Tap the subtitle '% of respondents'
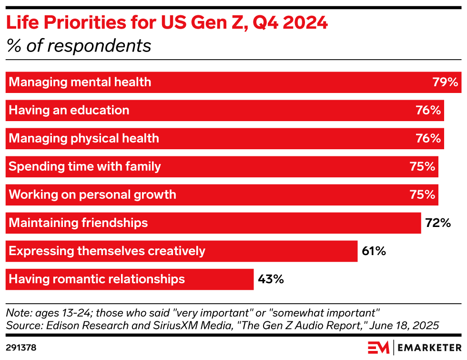pos(79,46)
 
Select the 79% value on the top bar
pos(445,82)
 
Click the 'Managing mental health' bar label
pos(80,82)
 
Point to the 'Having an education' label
pos(69,110)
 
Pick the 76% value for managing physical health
pos(428,138)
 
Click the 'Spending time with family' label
pos(85,166)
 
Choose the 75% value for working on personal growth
pos(422,195)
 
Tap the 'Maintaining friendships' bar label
pos(79,223)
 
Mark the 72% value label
pos(438,223)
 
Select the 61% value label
pos(374,251)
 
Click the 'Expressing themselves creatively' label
pos(107,251)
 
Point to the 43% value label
pos(271,279)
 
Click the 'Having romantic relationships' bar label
pos(97,279)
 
